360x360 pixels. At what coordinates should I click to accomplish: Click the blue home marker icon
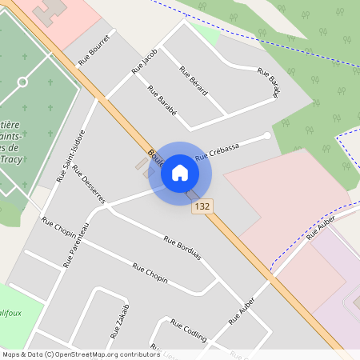(x=180, y=172)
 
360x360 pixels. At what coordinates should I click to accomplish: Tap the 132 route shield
(x=202, y=206)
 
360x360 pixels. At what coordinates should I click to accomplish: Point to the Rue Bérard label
(x=194, y=81)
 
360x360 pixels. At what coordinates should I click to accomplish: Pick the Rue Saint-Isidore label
(x=70, y=155)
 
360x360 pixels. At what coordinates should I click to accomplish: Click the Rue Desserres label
(x=88, y=185)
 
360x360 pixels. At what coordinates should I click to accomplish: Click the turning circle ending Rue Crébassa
(x=266, y=135)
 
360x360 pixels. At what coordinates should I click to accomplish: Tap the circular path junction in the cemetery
(x=22, y=82)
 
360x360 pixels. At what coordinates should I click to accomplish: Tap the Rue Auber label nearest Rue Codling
(x=241, y=310)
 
